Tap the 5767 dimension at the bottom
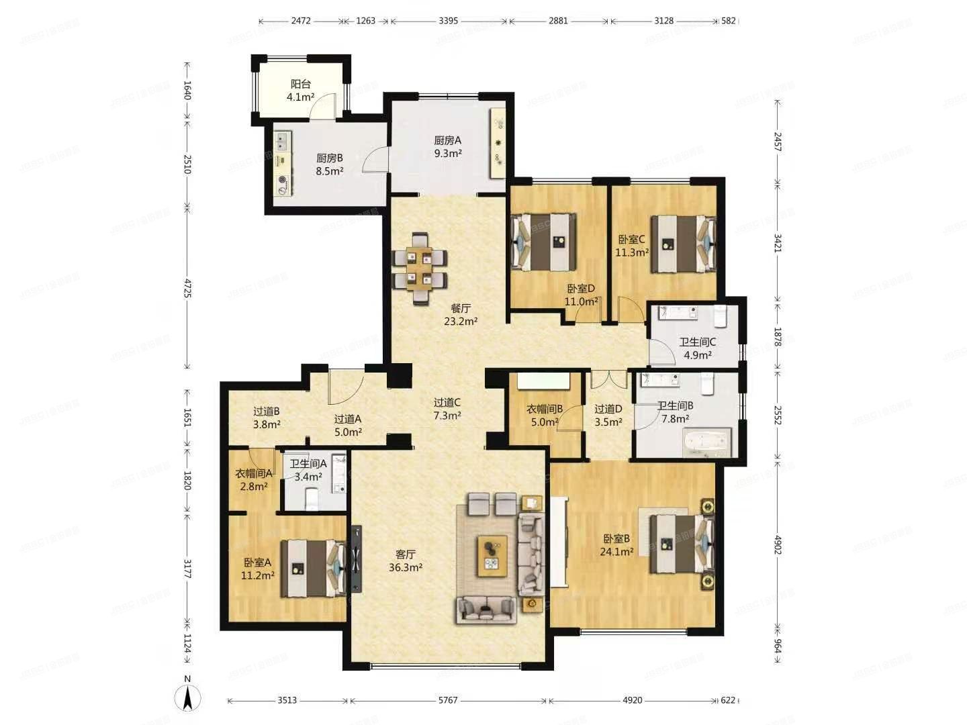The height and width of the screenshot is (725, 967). pos(448,700)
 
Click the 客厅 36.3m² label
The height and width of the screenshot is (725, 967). pos(405,561)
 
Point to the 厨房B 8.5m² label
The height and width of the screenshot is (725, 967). pos(330,164)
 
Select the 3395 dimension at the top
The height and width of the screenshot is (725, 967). pos(448,21)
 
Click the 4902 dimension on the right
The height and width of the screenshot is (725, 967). pos(778,544)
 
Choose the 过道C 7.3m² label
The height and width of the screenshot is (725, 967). pos(447,409)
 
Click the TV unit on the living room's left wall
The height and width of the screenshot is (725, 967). pos(355,558)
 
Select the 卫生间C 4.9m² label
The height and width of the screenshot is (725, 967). pos(697,348)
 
